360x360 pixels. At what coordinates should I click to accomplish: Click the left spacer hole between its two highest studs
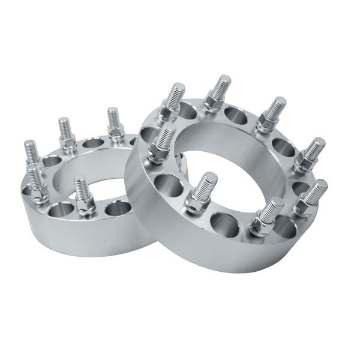point(90,143)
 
